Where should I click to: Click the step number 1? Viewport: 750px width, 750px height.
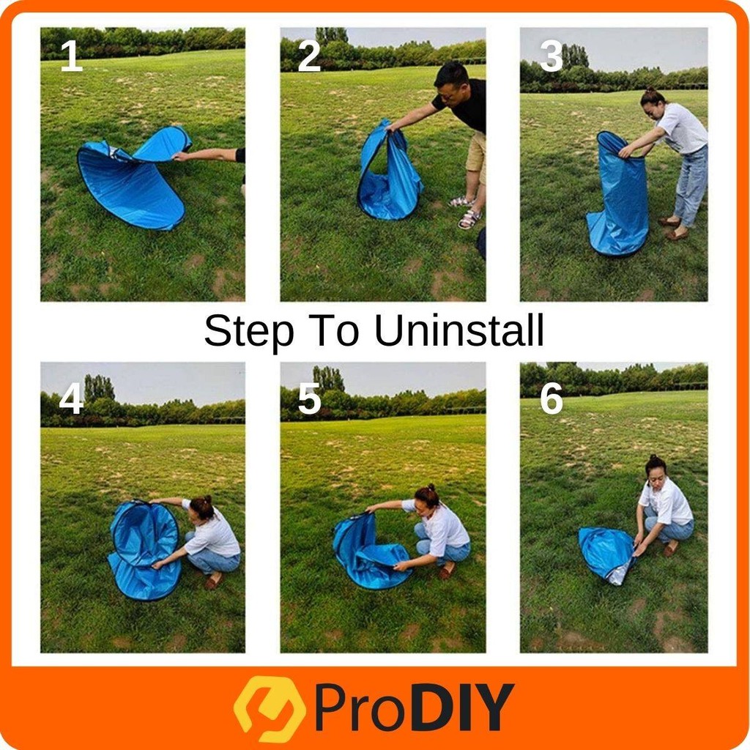pyautogui.click(x=72, y=56)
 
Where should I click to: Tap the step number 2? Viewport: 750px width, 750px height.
pyautogui.click(x=309, y=56)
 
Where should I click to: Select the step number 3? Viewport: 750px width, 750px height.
pyautogui.click(x=551, y=56)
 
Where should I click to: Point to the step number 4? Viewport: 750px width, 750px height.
pyautogui.click(x=71, y=398)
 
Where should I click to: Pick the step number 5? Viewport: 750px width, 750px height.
pyautogui.click(x=310, y=398)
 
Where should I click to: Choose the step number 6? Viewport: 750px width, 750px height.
pyautogui.click(x=552, y=398)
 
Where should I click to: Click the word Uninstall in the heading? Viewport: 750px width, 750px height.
pyautogui.click(x=459, y=330)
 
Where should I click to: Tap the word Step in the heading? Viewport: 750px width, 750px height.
pyautogui.click(x=249, y=332)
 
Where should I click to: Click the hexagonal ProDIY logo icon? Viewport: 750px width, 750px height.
pyautogui.click(x=270, y=708)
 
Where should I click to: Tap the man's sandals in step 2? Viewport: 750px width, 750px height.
pyautogui.click(x=466, y=212)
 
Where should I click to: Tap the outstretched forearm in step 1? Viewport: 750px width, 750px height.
pyautogui.click(x=207, y=155)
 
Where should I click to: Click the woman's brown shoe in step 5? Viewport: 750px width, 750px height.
pyautogui.click(x=447, y=569)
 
